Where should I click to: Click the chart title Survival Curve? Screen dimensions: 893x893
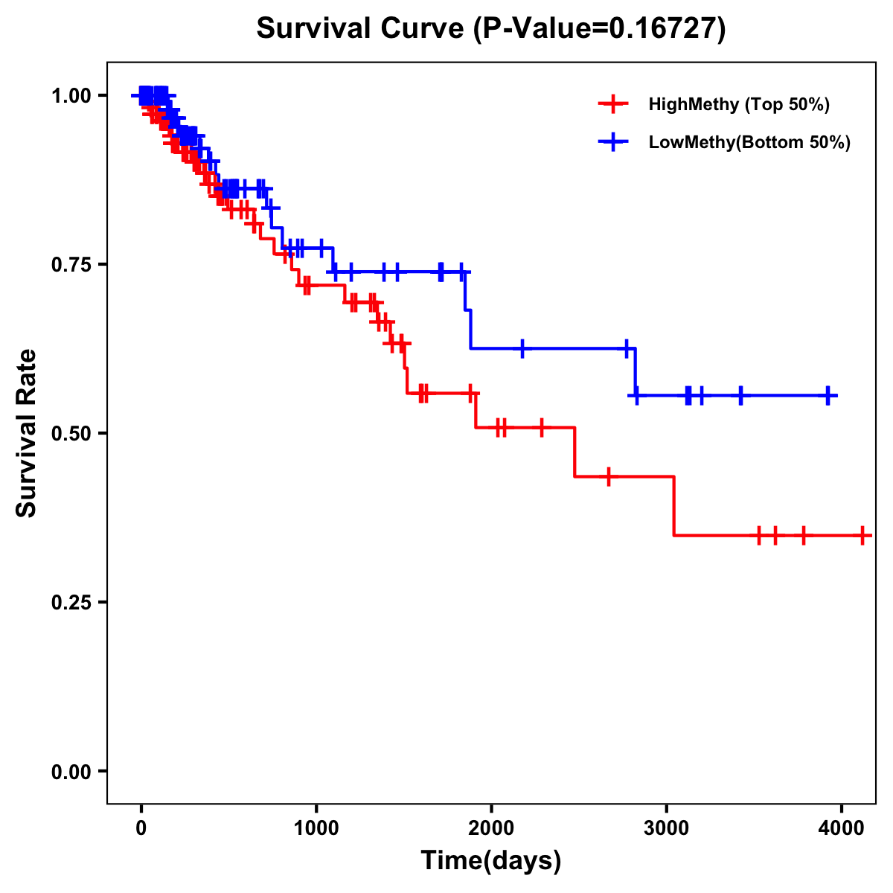(x=362, y=28)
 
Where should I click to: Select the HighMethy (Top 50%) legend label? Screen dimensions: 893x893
(x=739, y=104)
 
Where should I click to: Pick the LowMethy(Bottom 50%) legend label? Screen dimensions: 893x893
(x=749, y=142)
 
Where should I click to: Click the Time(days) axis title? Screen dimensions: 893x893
(x=491, y=861)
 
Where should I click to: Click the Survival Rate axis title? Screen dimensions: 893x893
(x=27, y=432)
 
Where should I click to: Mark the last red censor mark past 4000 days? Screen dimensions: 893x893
(x=862, y=535)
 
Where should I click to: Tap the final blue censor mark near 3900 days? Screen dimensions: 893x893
(x=828, y=395)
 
